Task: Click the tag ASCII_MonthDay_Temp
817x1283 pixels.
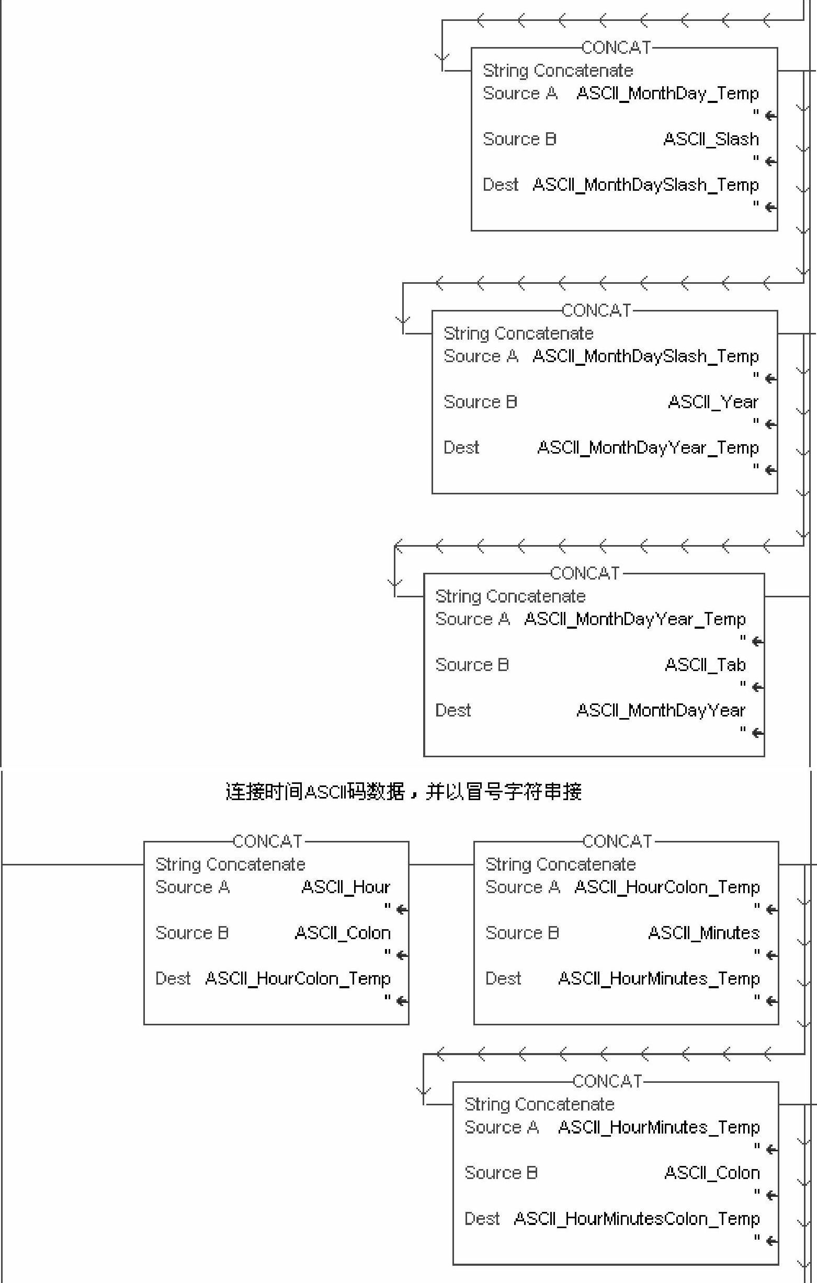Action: (667, 94)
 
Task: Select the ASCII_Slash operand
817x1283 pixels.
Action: (710, 140)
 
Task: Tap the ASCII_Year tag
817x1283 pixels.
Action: (712, 402)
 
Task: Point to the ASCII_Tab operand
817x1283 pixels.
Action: (705, 665)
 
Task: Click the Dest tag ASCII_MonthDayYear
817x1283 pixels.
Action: (660, 711)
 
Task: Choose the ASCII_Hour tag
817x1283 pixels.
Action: (346, 887)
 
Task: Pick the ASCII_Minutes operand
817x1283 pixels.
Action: (703, 933)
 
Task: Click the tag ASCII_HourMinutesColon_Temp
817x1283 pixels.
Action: (636, 1219)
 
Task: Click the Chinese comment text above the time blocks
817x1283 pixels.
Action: (403, 792)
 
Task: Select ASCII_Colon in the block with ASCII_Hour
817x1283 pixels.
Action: (343, 933)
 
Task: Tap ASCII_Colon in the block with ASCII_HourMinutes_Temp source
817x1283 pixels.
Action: (711, 1173)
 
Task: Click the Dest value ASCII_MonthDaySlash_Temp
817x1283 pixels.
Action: (645, 186)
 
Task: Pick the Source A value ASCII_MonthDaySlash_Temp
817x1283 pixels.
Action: (645, 356)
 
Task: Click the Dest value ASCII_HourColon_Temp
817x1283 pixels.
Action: (298, 979)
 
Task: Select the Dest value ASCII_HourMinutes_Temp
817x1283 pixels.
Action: (658, 979)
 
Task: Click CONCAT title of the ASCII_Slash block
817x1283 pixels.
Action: (616, 48)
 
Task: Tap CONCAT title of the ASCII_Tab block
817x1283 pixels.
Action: (584, 573)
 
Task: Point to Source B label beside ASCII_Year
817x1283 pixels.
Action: (480, 402)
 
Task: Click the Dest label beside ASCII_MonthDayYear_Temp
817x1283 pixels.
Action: (461, 447)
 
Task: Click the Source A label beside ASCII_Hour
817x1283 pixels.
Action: (192, 887)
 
